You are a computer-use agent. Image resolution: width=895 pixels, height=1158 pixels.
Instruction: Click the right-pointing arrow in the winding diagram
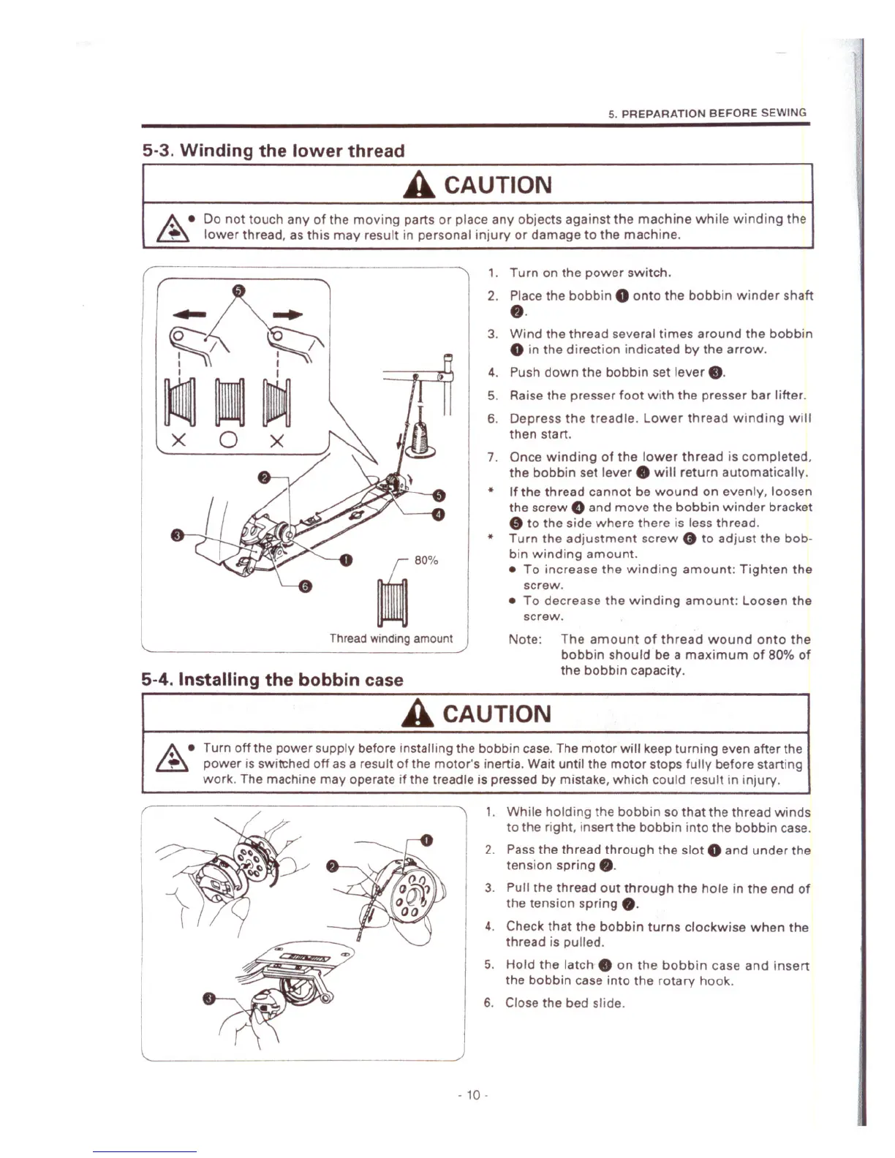tap(287, 314)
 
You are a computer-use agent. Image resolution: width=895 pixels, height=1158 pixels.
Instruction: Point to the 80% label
tap(426, 560)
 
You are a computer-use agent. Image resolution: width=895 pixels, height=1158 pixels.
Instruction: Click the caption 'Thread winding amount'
tap(391, 638)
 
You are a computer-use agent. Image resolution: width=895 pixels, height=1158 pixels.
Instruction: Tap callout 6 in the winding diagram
tap(306, 587)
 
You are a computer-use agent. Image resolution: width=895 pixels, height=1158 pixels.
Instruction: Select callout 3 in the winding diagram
tap(176, 536)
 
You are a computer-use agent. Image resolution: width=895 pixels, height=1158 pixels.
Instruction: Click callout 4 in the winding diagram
tap(439, 514)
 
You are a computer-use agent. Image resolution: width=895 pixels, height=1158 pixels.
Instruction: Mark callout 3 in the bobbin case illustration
tap(209, 999)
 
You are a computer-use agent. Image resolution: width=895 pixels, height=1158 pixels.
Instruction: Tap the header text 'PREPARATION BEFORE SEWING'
tap(713, 113)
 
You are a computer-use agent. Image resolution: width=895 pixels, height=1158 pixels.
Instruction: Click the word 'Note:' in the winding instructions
tap(525, 640)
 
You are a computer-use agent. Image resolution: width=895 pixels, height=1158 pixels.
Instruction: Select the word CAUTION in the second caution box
tap(496, 714)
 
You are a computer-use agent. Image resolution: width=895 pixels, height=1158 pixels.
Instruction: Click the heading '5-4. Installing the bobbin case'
tap(272, 680)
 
